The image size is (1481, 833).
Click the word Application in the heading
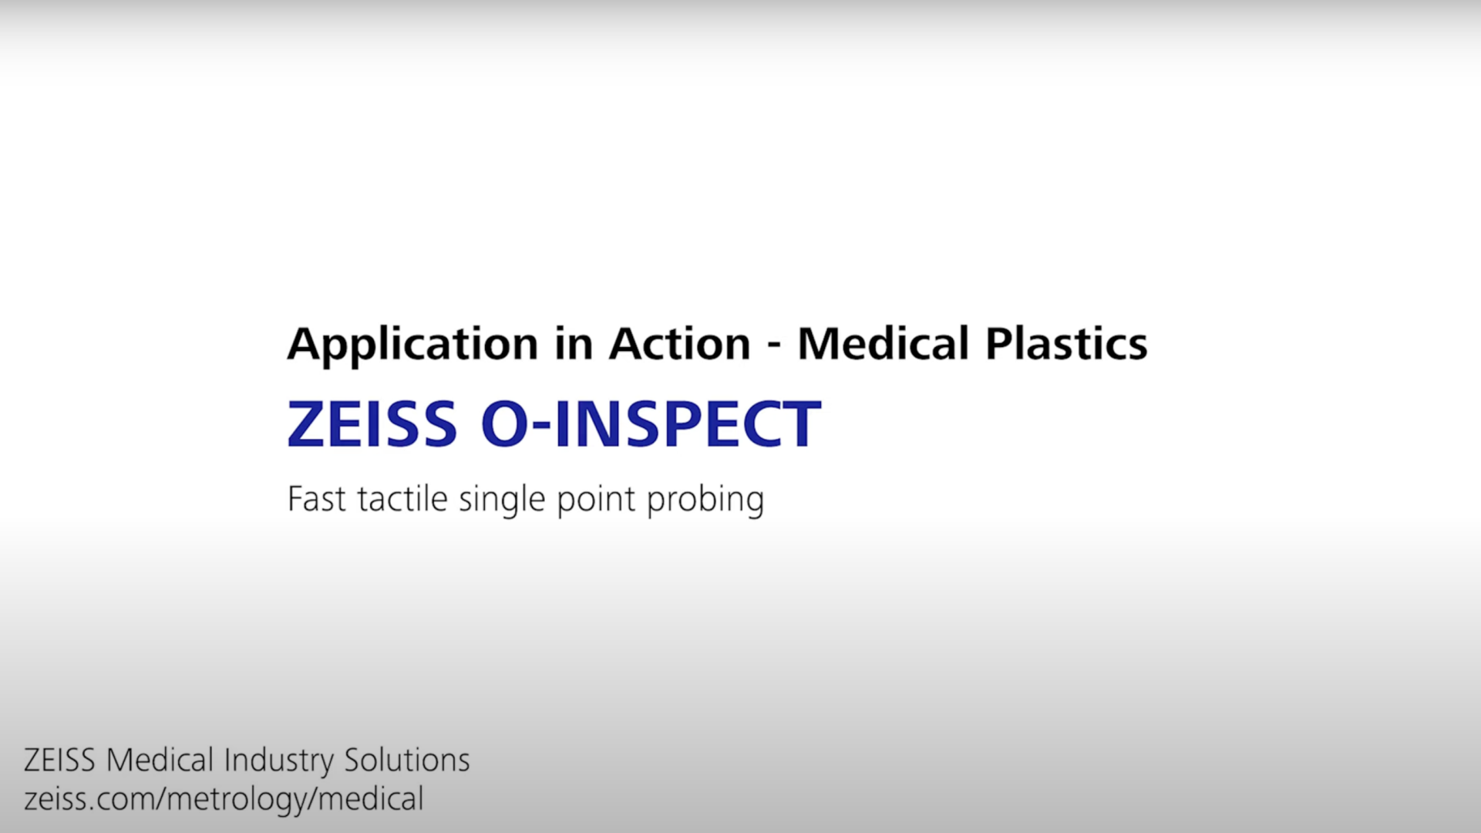click(412, 344)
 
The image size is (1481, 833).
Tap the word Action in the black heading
click(679, 343)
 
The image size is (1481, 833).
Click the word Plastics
click(1066, 343)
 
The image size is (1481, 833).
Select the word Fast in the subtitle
click(316, 499)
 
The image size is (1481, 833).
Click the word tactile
click(402, 498)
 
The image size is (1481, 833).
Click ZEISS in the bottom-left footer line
click(59, 760)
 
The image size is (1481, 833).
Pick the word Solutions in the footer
click(407, 760)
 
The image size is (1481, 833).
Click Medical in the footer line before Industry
click(160, 760)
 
